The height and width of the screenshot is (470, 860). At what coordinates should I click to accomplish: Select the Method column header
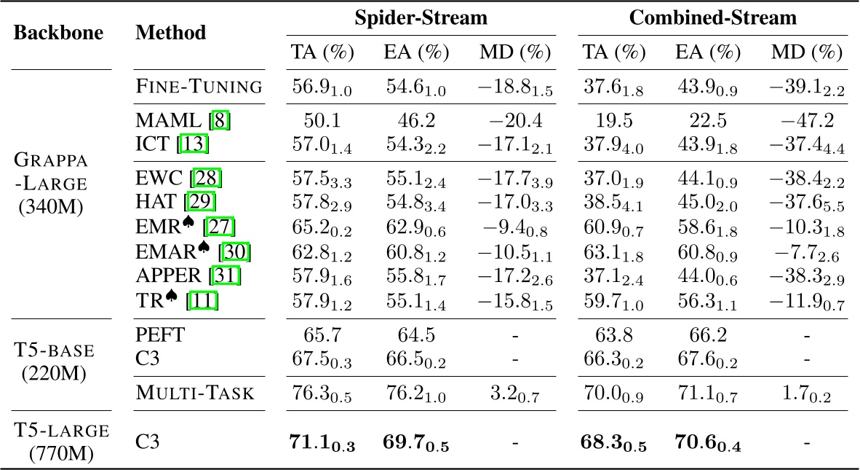pyautogui.click(x=170, y=34)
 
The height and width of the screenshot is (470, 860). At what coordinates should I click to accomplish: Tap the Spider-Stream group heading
pyautogui.click(x=421, y=18)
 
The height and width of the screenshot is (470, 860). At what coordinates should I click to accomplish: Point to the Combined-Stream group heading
pyautogui.click(x=712, y=18)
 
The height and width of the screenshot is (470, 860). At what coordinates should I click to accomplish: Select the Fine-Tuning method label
pyautogui.click(x=199, y=87)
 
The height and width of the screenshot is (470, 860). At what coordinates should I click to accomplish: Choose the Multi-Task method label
pyautogui.click(x=195, y=394)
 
